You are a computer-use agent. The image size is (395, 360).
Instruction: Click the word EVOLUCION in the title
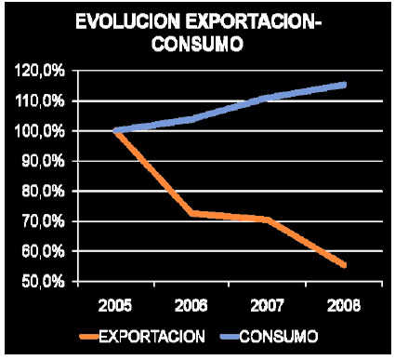click(x=127, y=22)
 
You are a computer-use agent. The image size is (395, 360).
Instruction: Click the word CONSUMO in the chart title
click(x=197, y=44)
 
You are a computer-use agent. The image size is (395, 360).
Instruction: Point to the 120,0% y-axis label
click(x=40, y=72)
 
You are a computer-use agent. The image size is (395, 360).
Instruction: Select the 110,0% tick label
click(x=40, y=101)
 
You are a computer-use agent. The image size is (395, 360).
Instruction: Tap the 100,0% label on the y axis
click(x=40, y=131)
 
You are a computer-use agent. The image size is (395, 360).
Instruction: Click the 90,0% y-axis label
click(x=43, y=161)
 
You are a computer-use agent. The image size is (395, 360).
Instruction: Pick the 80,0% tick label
click(x=43, y=192)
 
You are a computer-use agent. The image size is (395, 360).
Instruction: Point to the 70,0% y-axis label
click(x=43, y=221)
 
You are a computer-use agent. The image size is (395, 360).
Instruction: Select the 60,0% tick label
click(x=43, y=251)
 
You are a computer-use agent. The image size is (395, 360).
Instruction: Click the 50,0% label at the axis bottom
click(x=43, y=282)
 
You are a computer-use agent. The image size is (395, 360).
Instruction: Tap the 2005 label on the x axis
click(x=115, y=306)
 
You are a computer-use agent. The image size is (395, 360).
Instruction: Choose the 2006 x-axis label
click(x=191, y=306)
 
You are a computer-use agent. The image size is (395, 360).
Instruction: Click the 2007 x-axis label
click(x=267, y=306)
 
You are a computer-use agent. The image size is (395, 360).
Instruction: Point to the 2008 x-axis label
click(x=344, y=306)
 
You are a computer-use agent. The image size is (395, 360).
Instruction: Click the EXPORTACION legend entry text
click(x=151, y=337)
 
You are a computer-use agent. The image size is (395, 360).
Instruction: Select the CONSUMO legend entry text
click(x=279, y=337)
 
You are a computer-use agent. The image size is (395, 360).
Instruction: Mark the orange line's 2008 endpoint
click(x=344, y=265)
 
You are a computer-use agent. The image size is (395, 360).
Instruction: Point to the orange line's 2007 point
click(x=268, y=220)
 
